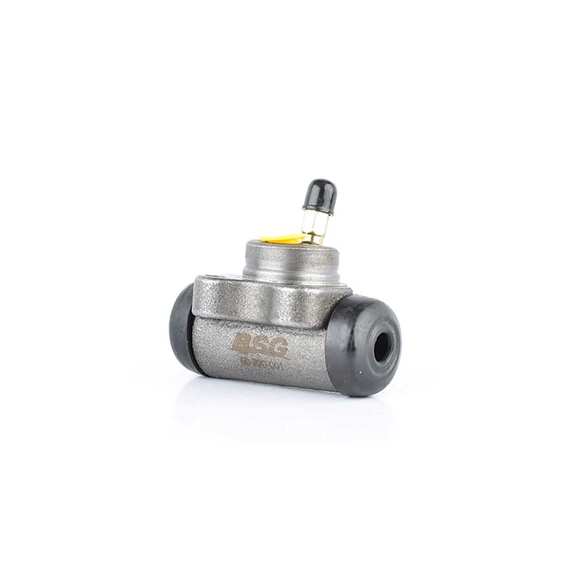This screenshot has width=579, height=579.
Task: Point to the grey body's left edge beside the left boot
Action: click(195, 331)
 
